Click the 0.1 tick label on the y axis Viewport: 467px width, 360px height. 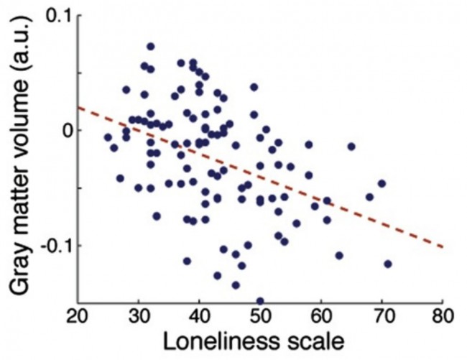point(55,17)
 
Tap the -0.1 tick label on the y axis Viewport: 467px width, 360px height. point(50,246)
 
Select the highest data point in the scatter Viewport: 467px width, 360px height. point(151,47)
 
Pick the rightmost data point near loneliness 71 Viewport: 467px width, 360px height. point(388,264)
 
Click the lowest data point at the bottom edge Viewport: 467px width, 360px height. point(260,301)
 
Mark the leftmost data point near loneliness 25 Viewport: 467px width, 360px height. point(108,137)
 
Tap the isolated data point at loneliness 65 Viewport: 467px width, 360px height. point(351,147)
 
